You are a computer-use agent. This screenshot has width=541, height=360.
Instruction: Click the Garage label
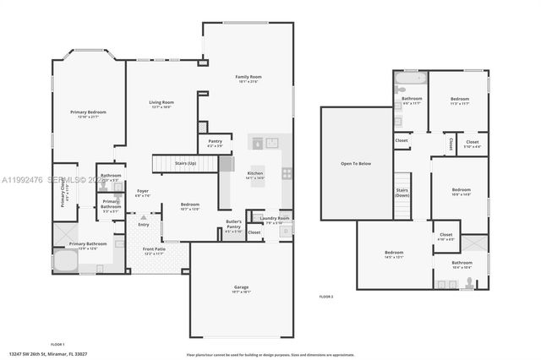pos(241,288)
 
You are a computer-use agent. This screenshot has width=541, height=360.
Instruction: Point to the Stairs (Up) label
pos(185,163)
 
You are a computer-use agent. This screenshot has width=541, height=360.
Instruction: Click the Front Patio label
pos(154,251)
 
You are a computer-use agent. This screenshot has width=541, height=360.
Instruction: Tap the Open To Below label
pos(356,163)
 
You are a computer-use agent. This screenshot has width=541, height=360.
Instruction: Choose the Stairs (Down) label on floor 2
pos(402,193)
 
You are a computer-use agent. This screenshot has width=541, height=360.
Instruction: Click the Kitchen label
pos(254,177)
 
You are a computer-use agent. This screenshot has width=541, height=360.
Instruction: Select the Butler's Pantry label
pos(233,223)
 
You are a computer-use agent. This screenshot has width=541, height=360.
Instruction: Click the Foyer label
pos(143,193)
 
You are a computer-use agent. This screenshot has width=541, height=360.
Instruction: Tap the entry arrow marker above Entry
pos(144,217)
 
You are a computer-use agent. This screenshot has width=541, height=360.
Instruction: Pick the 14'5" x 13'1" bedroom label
pos(394,254)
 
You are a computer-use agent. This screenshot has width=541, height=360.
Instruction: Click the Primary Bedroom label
pos(88,114)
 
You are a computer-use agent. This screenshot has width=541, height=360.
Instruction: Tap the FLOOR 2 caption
pos(326,297)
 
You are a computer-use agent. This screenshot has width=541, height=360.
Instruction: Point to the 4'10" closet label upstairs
pos(446,237)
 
